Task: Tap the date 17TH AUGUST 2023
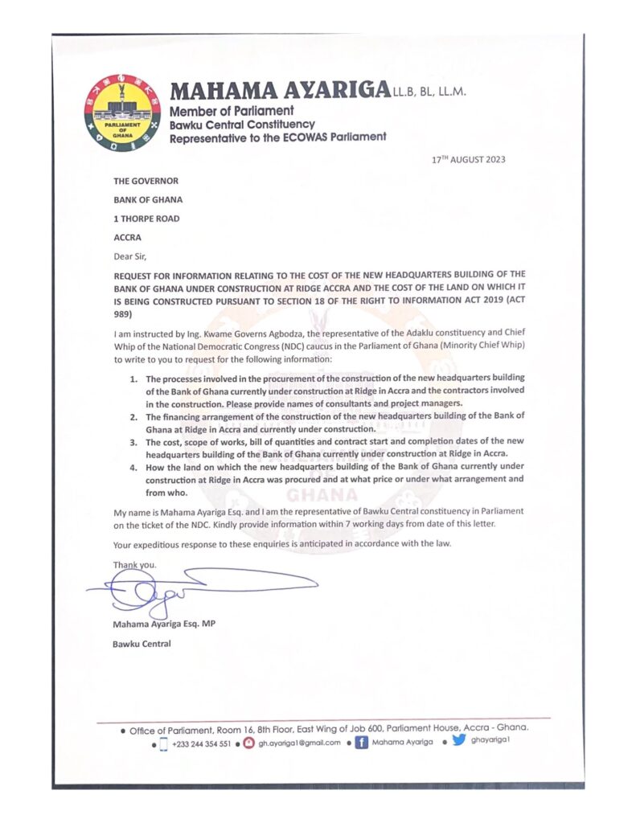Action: (468, 160)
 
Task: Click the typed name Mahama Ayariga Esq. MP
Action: (164, 624)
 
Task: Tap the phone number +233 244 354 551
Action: (201, 743)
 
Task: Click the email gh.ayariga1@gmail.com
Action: (299, 743)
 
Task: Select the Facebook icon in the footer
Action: (362, 743)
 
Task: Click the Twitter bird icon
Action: (458, 741)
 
